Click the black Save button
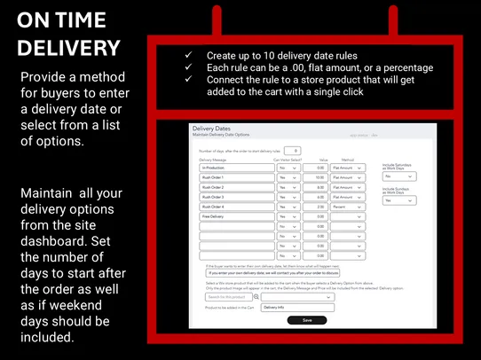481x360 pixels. pos(307,320)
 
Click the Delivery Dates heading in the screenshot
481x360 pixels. pos(211,129)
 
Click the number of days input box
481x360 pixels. pos(295,151)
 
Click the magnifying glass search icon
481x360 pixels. pos(257,296)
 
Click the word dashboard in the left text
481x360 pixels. pos(59,226)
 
